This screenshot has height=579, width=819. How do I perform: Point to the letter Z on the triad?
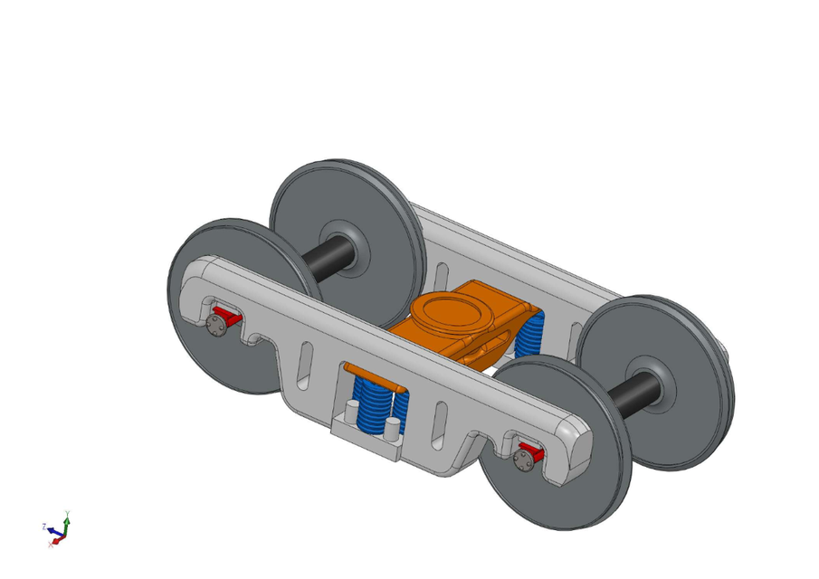[44, 525]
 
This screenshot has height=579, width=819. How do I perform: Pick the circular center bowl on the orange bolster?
[451, 311]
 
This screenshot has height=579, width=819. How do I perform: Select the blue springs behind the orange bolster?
[530, 336]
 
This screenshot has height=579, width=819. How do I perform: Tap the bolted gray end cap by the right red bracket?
[522, 460]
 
